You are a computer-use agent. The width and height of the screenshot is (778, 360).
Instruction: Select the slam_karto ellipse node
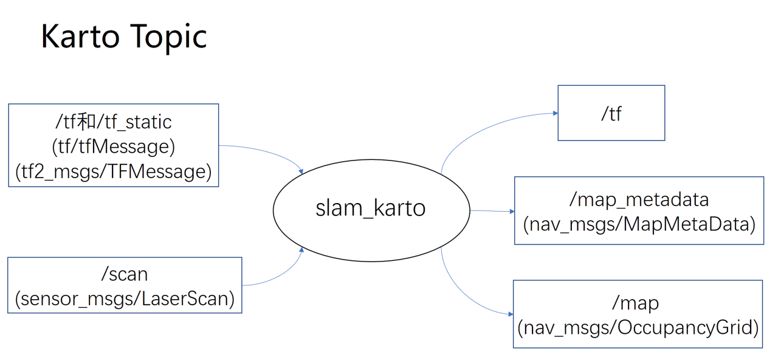(371, 208)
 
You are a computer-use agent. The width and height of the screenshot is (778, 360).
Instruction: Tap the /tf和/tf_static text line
(113, 122)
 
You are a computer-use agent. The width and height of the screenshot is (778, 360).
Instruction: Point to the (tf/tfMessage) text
(113, 147)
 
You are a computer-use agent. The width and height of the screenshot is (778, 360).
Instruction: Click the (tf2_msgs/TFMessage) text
(113, 172)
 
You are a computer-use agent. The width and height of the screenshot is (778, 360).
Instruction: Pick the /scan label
(124, 274)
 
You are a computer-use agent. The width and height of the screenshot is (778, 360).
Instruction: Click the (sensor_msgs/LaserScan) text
(125, 299)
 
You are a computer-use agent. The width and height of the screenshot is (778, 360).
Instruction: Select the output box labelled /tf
(611, 113)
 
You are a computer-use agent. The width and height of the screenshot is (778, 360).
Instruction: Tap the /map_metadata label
(638, 199)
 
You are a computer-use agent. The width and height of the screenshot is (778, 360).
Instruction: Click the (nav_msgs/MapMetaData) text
(639, 224)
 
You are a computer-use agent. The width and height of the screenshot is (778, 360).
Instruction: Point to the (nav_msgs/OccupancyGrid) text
(638, 328)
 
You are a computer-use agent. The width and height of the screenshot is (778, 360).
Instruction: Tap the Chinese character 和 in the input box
(88, 122)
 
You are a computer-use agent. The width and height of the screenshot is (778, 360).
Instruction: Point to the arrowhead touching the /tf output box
(554, 113)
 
